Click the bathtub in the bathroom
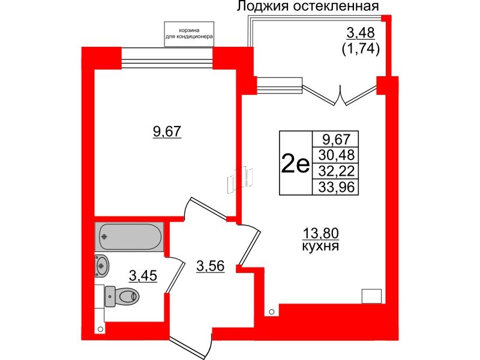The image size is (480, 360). point(129,236)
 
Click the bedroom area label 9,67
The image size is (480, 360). point(167,132)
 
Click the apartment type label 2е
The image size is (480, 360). point(295,163)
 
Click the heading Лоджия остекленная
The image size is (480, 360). point(308,7)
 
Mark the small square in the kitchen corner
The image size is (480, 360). point(372,295)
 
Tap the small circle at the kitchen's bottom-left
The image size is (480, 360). point(272,311)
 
